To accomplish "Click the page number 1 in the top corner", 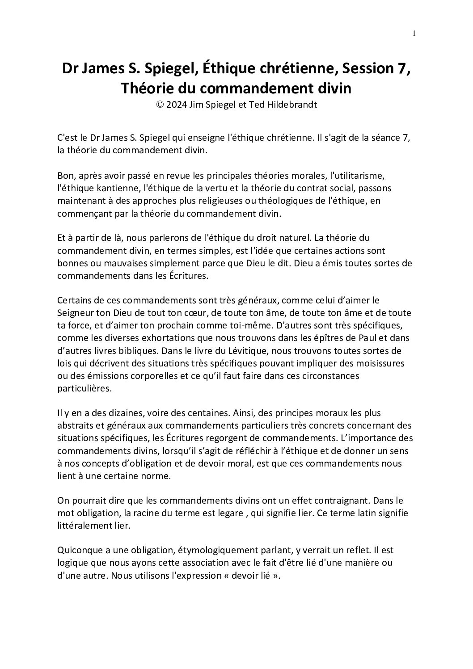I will pyautogui.click(x=414, y=34).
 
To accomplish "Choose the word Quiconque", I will pyautogui.click(x=79, y=550).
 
